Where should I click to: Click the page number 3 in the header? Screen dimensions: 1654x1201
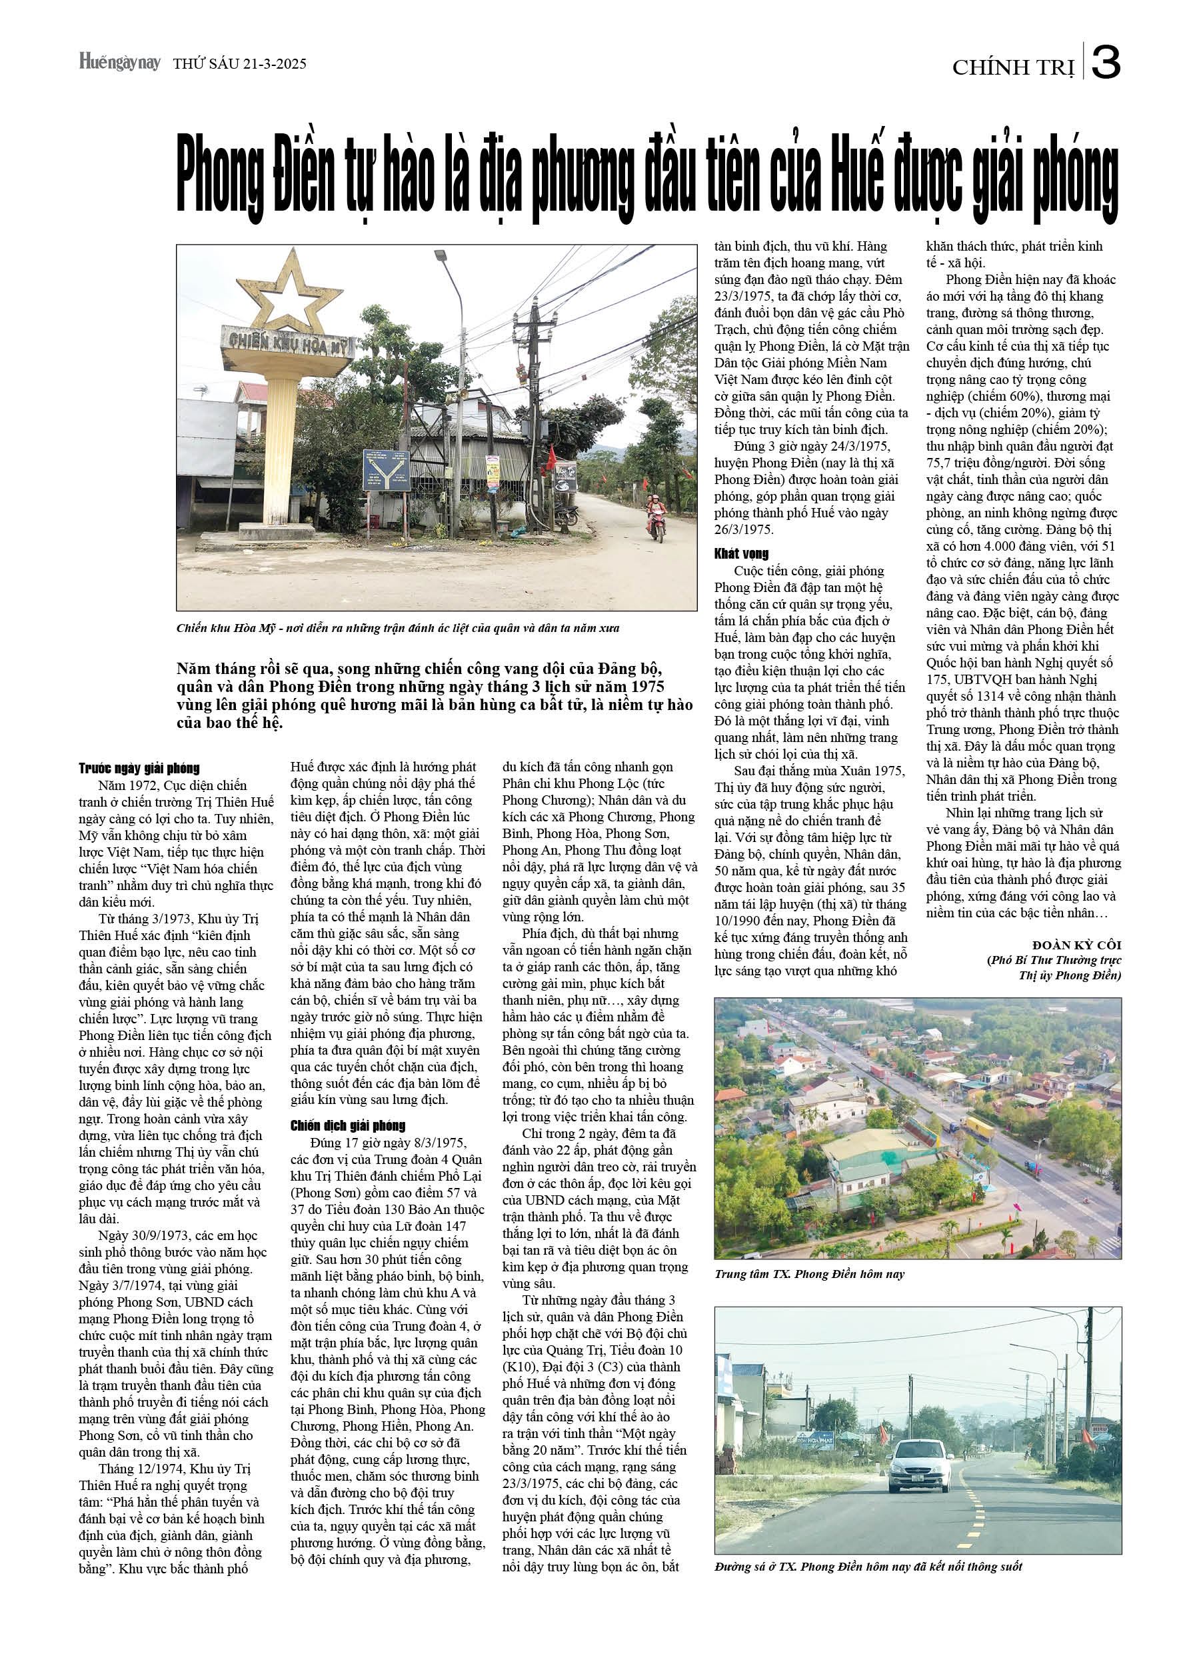pos(1106,63)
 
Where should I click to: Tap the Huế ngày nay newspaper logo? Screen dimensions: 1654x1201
pos(119,62)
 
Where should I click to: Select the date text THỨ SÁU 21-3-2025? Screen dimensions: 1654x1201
pos(239,64)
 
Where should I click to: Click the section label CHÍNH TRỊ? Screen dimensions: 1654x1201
pos(1013,68)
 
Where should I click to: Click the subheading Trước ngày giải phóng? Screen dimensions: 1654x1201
pos(139,768)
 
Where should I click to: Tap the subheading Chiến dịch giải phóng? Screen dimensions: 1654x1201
pos(348,1125)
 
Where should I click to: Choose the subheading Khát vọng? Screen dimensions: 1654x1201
pos(741,553)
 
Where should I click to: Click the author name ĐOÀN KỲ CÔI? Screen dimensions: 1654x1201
pos(1076,945)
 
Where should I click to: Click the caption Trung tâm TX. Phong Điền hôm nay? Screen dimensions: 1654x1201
pos(809,1274)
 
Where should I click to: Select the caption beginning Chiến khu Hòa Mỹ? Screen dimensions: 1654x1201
pos(397,628)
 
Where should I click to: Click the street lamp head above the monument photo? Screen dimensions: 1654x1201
pos(441,256)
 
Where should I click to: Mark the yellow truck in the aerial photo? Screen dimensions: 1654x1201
pos(979,1127)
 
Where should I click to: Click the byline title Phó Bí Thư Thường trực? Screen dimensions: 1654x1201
pos(1054,961)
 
